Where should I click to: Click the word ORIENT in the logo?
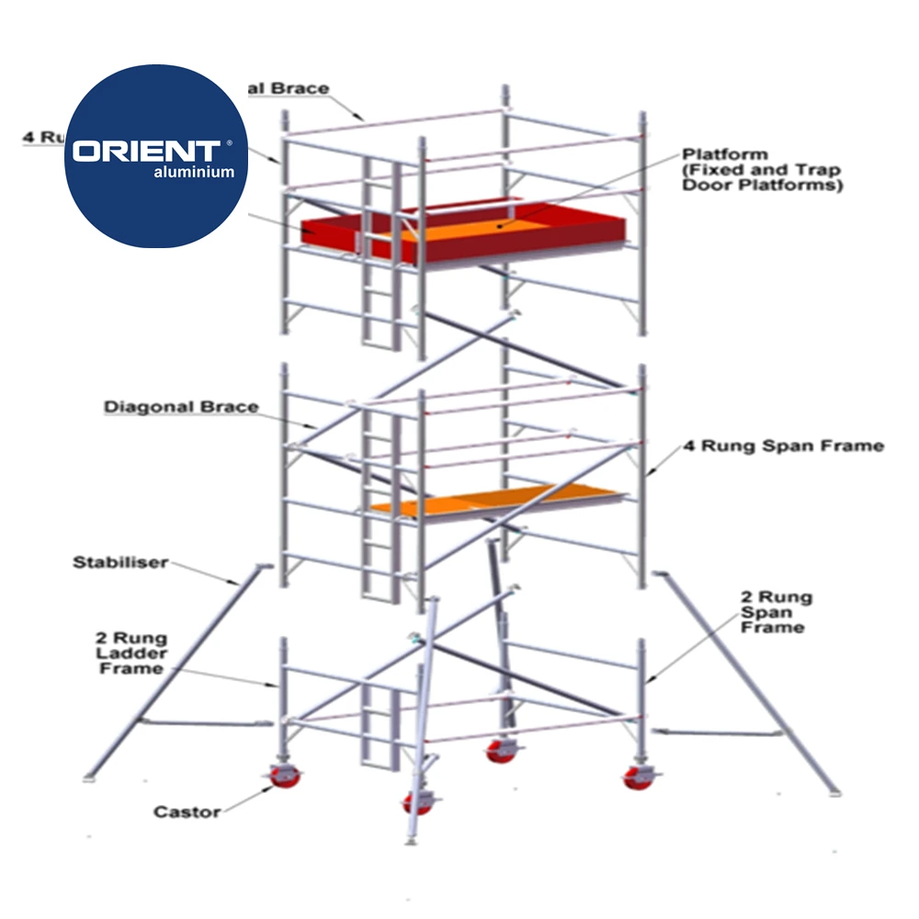pyautogui.click(x=146, y=150)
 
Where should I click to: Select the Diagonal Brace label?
pyautogui.click(x=181, y=407)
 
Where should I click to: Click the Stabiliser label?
pyautogui.click(x=120, y=562)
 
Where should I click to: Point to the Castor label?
pyautogui.click(x=187, y=811)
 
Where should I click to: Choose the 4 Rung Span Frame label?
pyautogui.click(x=783, y=447)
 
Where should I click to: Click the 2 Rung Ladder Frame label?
pyautogui.click(x=131, y=652)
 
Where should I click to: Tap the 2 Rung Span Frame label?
pyautogui.click(x=777, y=612)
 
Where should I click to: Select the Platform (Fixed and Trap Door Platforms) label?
pyautogui.click(x=761, y=169)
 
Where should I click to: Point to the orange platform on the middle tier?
pyautogui.click(x=496, y=500)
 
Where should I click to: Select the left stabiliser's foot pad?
pyautogui.click(x=90, y=779)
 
